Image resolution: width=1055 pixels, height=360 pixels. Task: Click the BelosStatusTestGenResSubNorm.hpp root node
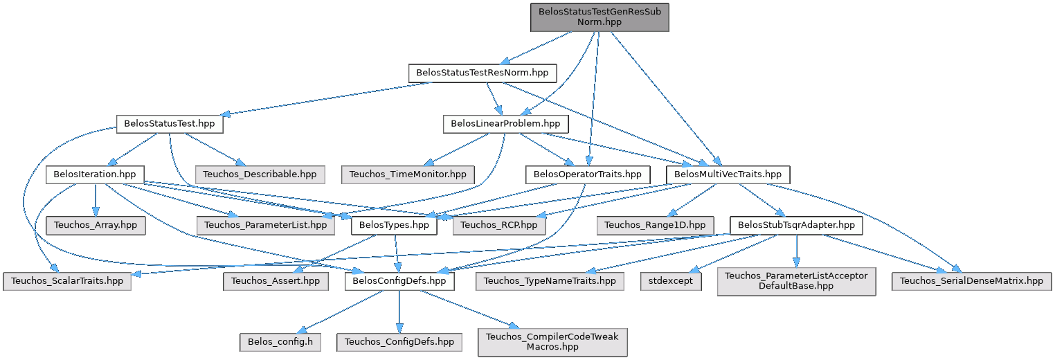click(x=599, y=17)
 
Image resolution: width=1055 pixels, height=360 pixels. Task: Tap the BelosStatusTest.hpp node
click(x=169, y=125)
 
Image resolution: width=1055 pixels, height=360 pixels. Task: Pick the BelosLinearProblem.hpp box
click(x=505, y=125)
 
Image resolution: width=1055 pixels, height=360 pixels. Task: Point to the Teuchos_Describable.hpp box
click(x=260, y=174)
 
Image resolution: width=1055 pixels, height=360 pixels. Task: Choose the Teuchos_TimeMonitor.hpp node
click(x=408, y=174)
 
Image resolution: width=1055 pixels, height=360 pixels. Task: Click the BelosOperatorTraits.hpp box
click(x=588, y=174)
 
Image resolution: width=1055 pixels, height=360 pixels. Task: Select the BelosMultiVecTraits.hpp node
click(x=728, y=174)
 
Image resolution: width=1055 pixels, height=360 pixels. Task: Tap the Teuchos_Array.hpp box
click(x=95, y=226)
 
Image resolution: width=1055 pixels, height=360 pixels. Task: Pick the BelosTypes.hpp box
click(x=395, y=226)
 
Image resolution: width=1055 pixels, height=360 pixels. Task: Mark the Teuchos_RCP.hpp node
click(x=499, y=226)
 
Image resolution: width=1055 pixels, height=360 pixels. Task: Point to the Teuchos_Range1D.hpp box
click(x=655, y=226)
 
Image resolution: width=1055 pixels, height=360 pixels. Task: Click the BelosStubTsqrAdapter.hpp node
click(x=796, y=226)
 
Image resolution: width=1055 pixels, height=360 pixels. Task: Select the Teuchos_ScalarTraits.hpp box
click(x=66, y=281)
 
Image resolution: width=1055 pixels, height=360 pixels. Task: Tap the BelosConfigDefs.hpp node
click(x=399, y=281)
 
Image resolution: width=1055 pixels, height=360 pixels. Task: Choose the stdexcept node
click(x=671, y=281)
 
